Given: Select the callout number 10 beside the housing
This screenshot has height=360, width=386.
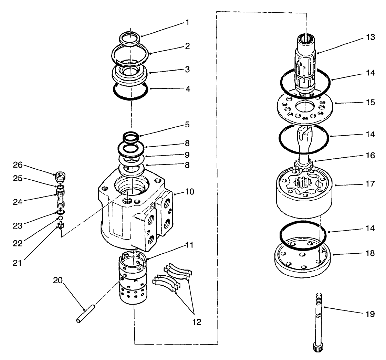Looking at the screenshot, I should point(189,191).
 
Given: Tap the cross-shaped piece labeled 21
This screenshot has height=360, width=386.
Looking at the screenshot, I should point(61,225).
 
